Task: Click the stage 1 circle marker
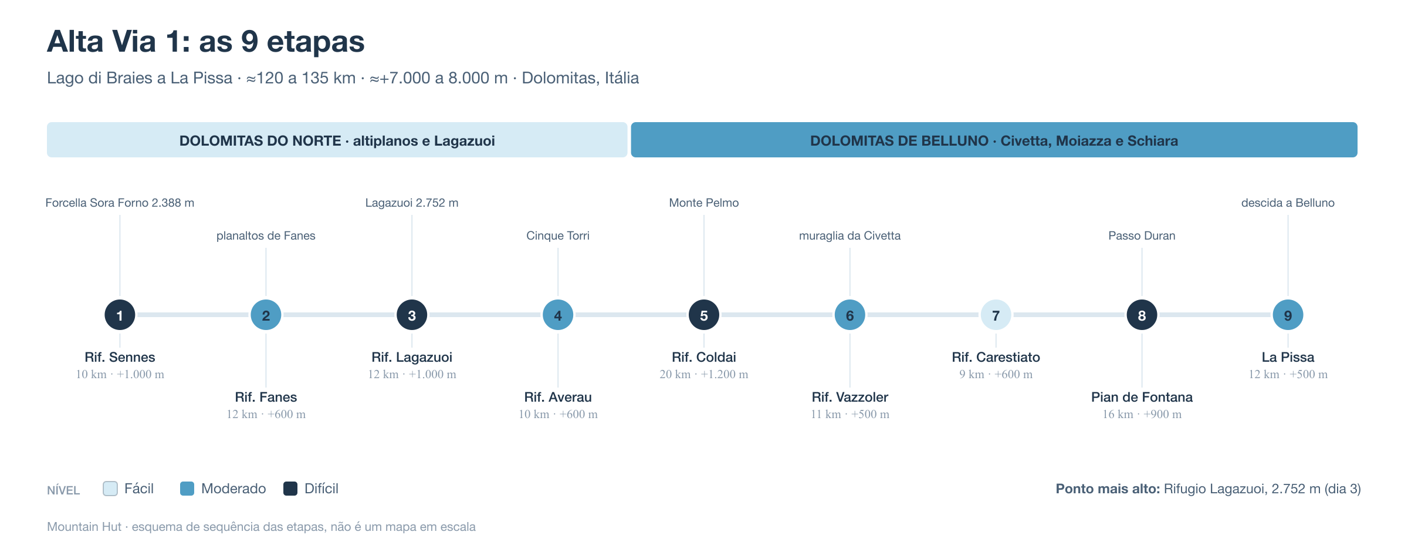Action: [x=120, y=315]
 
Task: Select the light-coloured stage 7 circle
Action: [x=996, y=315]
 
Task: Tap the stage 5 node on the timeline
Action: [x=704, y=315]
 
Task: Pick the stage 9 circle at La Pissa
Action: [x=1288, y=315]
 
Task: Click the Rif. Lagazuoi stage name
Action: [x=412, y=357]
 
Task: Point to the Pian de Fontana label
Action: [x=1142, y=397]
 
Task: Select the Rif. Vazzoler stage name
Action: [x=850, y=397]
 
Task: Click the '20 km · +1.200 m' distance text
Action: [x=704, y=374]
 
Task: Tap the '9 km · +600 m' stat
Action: [x=996, y=374]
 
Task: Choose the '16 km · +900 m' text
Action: [x=1142, y=414]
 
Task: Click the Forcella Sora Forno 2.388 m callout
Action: [x=120, y=203]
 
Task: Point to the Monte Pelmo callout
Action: [x=704, y=203]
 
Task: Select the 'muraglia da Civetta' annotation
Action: [x=850, y=235]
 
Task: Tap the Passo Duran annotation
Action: [x=1142, y=235]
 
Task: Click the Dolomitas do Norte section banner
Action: [x=337, y=140]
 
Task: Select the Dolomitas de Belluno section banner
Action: [x=994, y=140]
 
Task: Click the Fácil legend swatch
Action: [x=110, y=489]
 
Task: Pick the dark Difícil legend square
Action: [x=290, y=489]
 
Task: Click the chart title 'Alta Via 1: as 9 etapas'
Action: [x=206, y=41]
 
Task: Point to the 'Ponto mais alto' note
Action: [x=1208, y=489]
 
